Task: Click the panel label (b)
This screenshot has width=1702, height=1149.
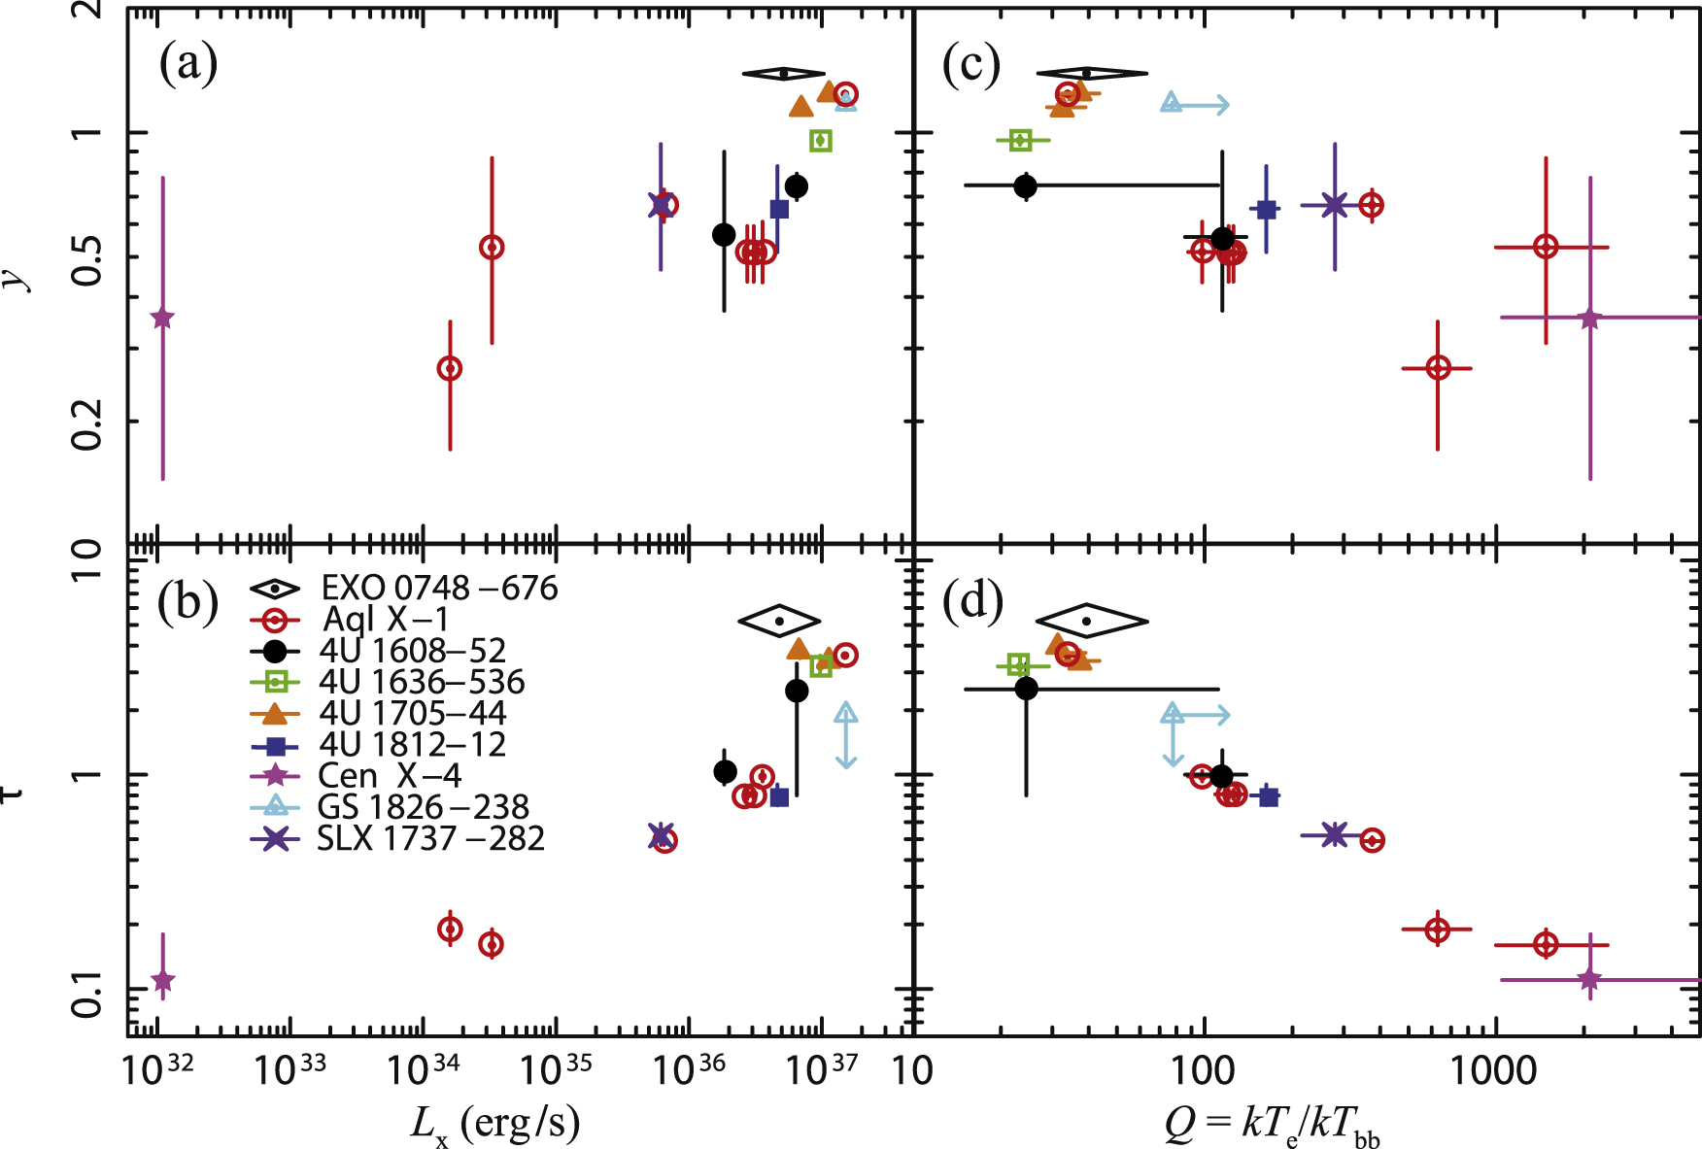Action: [187, 602]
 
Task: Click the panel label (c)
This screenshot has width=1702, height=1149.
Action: [970, 64]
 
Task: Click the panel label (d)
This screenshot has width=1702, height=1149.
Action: [972, 602]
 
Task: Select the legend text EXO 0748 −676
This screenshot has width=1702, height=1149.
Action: [439, 589]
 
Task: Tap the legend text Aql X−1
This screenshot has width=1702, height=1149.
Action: [385, 620]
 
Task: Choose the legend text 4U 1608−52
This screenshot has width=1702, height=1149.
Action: [412, 651]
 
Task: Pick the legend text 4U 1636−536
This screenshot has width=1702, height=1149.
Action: [422, 682]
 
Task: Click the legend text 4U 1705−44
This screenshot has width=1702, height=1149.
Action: [412, 713]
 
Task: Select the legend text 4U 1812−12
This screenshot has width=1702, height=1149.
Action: [412, 744]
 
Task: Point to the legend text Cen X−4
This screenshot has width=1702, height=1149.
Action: [389, 776]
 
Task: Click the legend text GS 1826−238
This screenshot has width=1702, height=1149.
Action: [423, 807]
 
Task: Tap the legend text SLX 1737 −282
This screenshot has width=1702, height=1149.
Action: [430, 838]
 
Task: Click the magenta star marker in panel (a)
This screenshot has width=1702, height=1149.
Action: [162, 319]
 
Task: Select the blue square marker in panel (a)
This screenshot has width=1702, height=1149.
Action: [779, 209]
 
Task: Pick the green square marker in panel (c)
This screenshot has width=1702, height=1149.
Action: [1020, 141]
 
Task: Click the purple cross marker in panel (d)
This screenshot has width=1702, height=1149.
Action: [1335, 834]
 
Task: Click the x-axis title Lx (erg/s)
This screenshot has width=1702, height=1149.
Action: [495, 1125]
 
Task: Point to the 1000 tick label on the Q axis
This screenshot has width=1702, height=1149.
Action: [1494, 1071]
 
